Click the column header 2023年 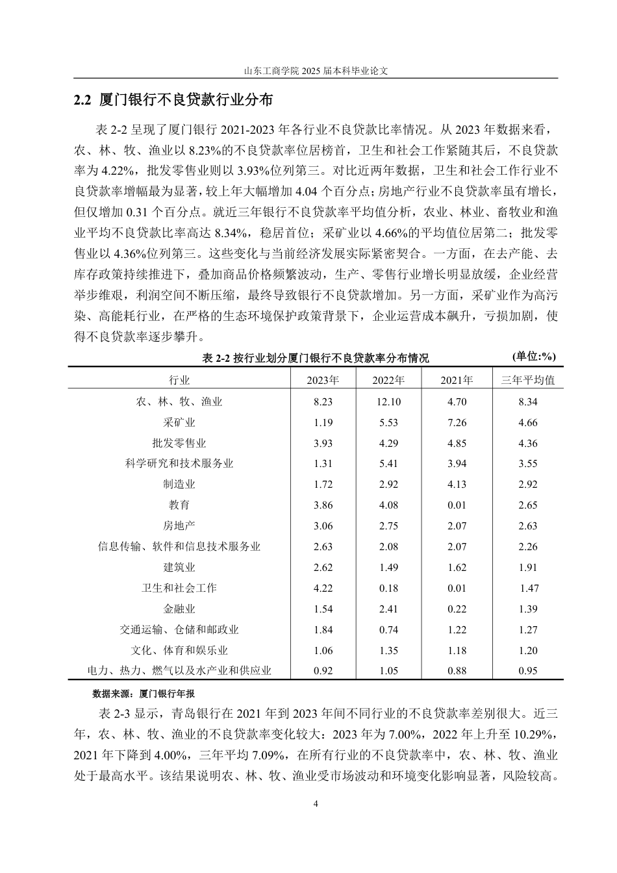[x=323, y=380]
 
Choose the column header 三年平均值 [x=528, y=380]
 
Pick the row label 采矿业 [x=179, y=423]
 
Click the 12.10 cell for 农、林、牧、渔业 [x=388, y=402]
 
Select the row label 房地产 [x=179, y=526]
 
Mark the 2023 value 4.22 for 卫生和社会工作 [x=323, y=588]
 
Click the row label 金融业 [x=179, y=609]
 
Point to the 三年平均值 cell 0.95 [x=528, y=671]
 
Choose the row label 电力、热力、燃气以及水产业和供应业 [x=179, y=671]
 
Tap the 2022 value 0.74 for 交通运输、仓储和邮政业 [x=388, y=630]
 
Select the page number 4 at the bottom [x=316, y=804]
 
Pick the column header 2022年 [x=388, y=380]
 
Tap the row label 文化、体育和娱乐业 [x=179, y=651]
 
